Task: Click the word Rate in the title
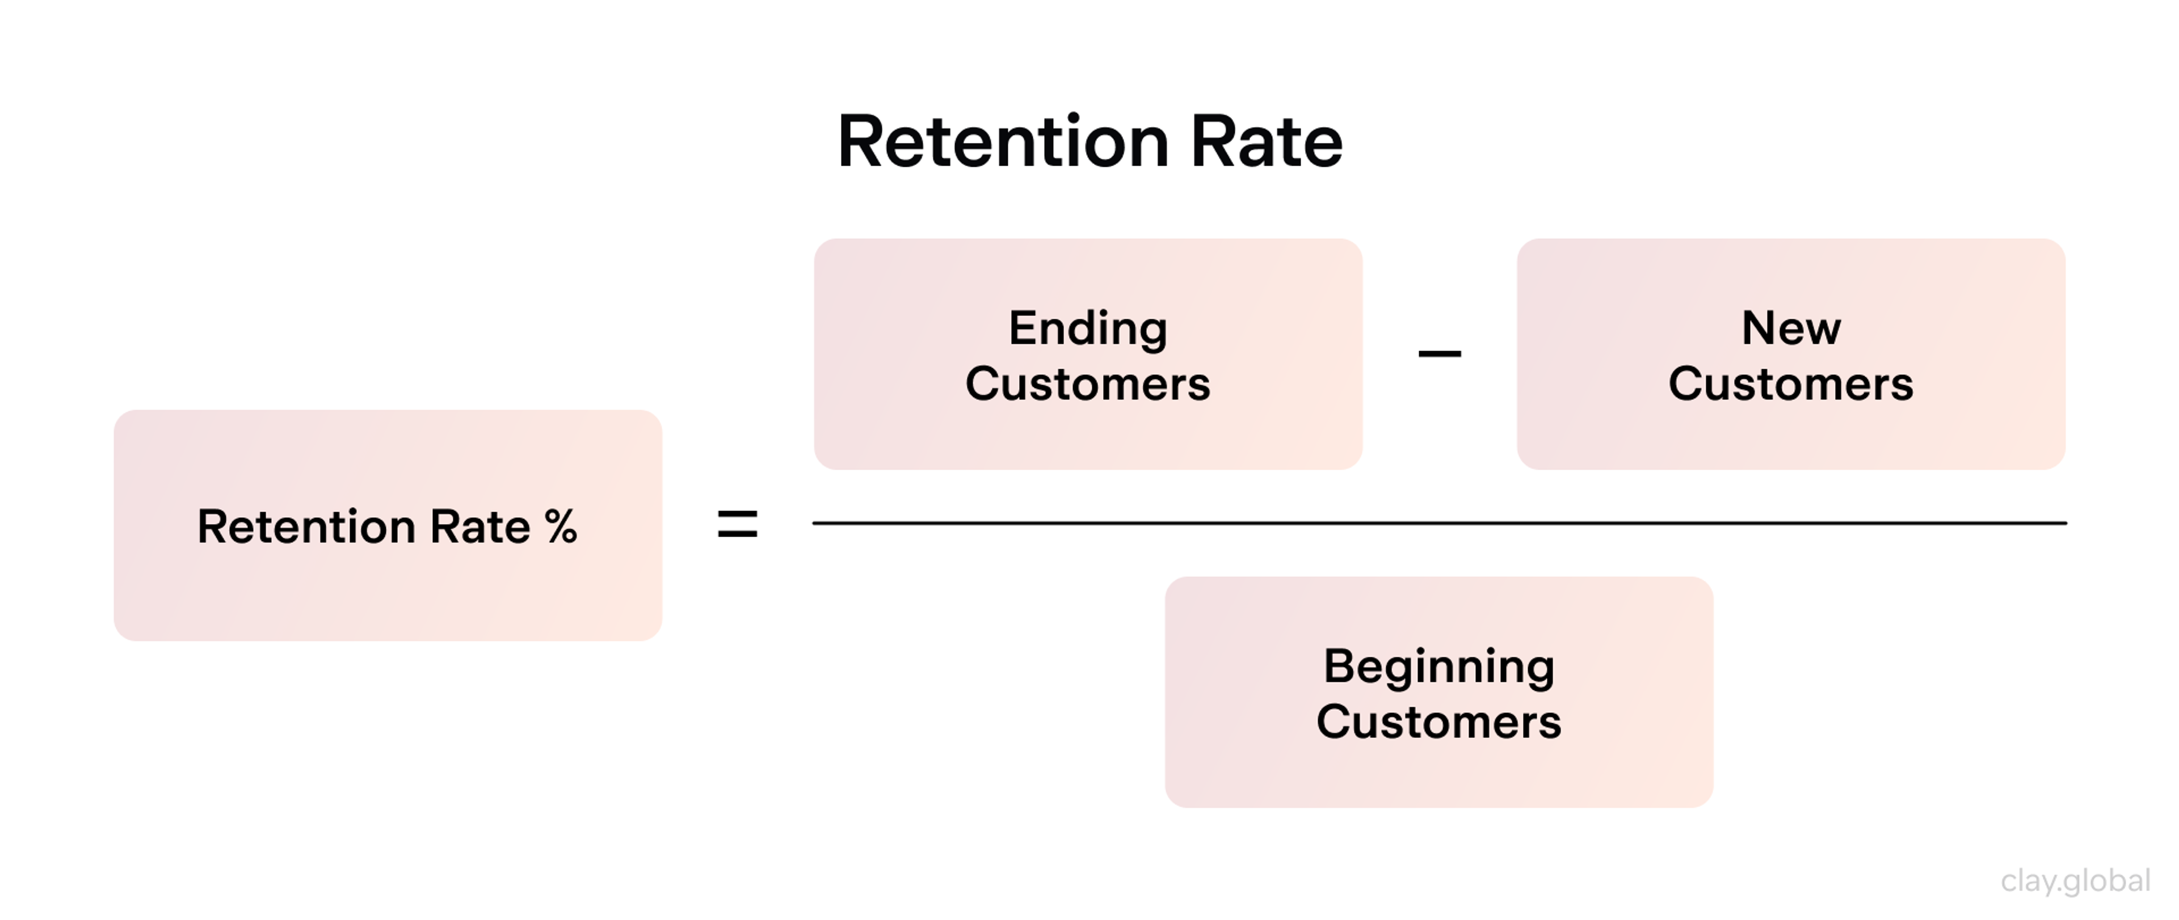coord(1267,142)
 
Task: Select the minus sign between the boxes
coord(1439,353)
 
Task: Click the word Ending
coord(1088,328)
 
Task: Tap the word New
coord(1791,328)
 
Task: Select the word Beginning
coord(1439,666)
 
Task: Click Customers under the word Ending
coord(1088,384)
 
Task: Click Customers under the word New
coord(1791,384)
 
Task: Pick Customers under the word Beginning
coord(1439,722)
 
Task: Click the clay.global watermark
coord(2075,881)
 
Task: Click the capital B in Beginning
coord(1339,666)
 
